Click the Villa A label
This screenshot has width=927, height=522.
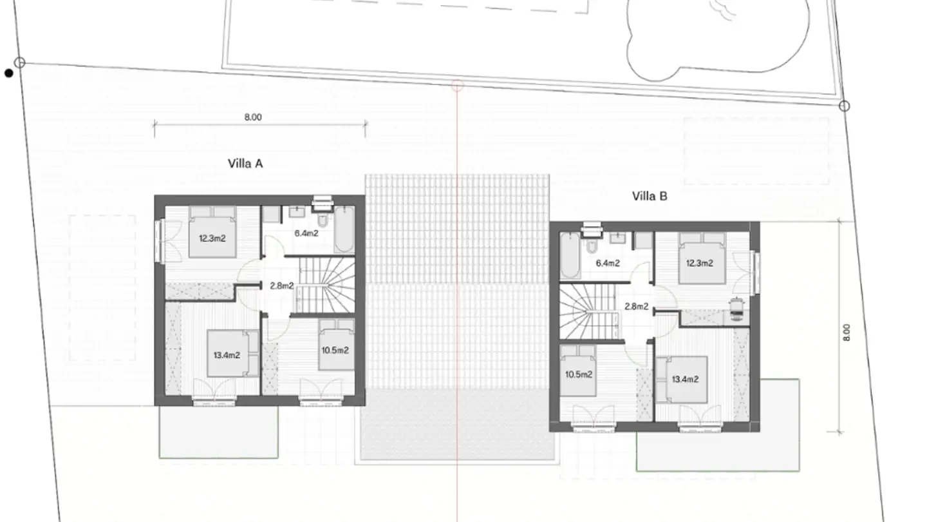245,164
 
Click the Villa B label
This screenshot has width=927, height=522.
650,197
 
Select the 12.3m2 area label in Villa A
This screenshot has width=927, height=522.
212,238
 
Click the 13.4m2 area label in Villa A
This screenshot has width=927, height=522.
227,355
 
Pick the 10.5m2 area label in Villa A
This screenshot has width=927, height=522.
335,351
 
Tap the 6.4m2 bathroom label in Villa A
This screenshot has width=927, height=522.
306,233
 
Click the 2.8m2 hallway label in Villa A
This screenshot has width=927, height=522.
282,286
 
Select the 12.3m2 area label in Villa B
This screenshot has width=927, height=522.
699,263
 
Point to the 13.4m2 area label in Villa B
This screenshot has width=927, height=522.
686,379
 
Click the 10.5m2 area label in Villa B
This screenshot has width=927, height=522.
579,374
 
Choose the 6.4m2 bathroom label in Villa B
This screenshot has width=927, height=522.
608,263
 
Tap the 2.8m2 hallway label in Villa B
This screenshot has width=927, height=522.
637,307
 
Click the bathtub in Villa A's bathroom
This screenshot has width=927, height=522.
344,229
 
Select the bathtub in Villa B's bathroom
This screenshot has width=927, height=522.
570,256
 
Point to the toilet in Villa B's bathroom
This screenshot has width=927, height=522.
592,245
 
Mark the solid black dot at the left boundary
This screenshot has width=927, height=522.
9,73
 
